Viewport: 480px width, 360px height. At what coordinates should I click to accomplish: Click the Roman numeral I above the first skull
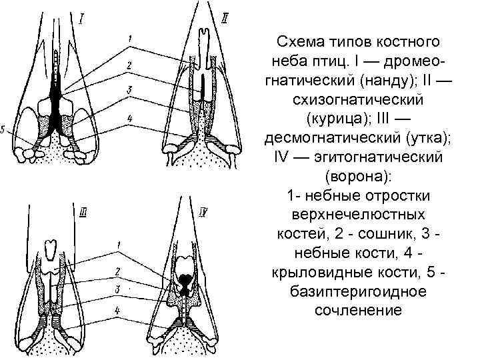click(80, 19)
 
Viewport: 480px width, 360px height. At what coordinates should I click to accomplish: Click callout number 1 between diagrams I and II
click(129, 37)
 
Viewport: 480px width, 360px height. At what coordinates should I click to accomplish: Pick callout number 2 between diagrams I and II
click(128, 65)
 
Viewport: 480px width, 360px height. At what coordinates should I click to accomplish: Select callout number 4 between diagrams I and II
click(130, 118)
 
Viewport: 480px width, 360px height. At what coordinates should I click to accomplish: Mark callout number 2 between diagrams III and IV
click(117, 271)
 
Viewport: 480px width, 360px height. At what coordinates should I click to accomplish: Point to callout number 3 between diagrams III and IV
click(117, 289)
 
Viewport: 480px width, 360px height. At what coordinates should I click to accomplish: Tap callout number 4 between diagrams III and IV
click(118, 310)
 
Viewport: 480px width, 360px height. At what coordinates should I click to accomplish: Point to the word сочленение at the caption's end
click(359, 310)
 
